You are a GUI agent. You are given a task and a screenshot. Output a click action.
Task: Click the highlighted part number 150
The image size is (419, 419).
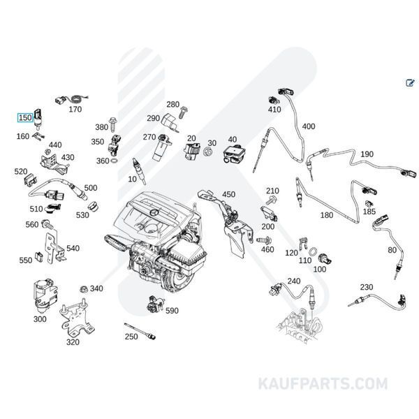point(25,118)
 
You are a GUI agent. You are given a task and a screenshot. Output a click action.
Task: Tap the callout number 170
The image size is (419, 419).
point(75,109)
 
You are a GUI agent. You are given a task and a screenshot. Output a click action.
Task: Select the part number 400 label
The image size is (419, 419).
point(308,126)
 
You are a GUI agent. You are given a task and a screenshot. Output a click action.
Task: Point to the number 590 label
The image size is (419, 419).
point(172,310)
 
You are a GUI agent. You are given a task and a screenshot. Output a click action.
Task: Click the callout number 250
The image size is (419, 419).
point(131,337)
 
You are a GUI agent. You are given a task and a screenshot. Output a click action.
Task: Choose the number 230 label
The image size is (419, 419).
point(367,287)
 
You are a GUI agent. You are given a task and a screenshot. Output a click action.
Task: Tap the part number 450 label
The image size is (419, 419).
point(228,194)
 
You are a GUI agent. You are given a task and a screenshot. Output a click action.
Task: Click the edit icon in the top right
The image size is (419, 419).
point(410,83)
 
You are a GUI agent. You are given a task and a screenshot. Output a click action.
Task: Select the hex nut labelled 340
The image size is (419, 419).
point(82,288)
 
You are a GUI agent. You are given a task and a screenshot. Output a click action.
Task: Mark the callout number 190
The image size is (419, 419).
point(367,154)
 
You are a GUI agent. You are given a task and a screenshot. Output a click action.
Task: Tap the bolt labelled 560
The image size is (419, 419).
point(47,225)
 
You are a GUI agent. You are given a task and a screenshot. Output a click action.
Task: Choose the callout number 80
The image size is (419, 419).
point(392,250)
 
